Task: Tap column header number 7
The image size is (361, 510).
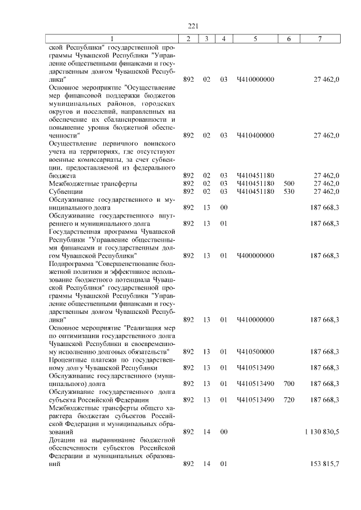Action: click(x=320, y=38)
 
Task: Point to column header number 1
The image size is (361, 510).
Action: click(x=112, y=38)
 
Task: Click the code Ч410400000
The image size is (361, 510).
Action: click(x=256, y=135)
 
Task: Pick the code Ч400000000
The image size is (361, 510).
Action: click(x=256, y=255)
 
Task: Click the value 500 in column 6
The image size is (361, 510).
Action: click(x=289, y=184)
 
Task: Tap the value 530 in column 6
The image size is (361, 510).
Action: click(x=289, y=192)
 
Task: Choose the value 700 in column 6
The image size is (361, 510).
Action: click(x=289, y=384)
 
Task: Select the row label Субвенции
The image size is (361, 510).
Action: click(x=66, y=192)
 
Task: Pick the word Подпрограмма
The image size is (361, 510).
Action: click(x=72, y=263)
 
